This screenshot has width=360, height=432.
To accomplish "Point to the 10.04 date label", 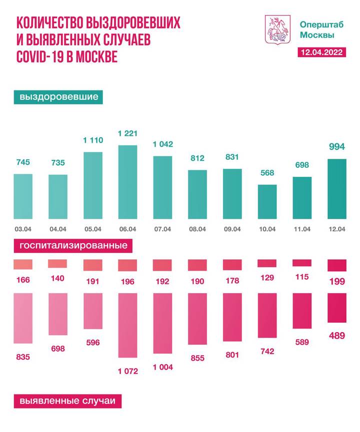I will click(267, 229).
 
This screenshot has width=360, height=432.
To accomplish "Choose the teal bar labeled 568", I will click(267, 202).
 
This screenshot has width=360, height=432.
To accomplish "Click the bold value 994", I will click(336, 146).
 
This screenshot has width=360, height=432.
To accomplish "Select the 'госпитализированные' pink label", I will click(73, 246).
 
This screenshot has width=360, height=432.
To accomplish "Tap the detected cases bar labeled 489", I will click(336, 308).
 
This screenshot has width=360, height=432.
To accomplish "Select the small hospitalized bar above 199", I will click(336, 265).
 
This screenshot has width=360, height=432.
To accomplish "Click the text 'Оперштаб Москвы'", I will click(317, 29).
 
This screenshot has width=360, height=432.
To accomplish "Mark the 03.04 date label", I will click(22, 229).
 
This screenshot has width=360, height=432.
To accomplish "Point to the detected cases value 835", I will click(22, 357).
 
